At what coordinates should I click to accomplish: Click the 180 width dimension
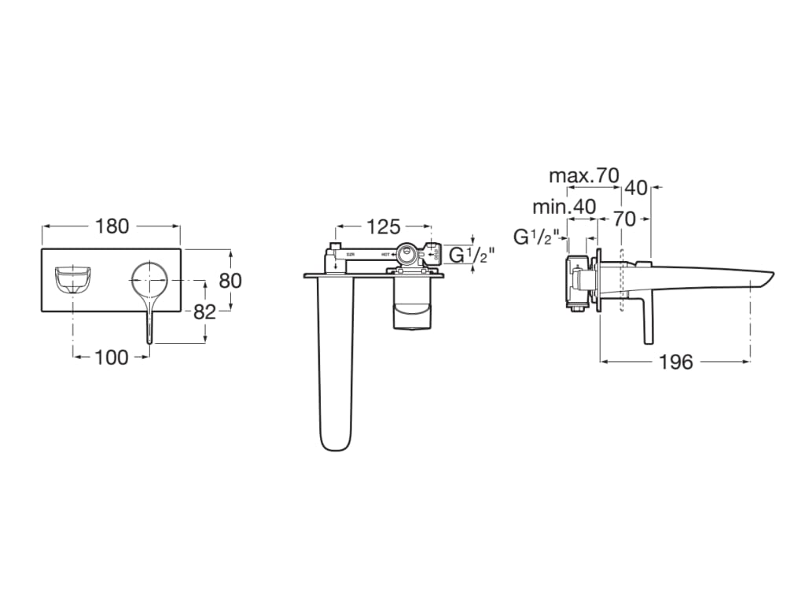(112, 226)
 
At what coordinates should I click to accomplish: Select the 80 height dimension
(230, 280)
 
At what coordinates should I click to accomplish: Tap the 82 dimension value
(204, 311)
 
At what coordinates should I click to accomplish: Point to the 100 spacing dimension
(112, 357)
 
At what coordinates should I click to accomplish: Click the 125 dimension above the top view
(384, 227)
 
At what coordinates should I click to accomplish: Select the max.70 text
(584, 175)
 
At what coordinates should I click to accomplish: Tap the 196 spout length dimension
(675, 362)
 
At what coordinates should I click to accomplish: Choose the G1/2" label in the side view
(535, 236)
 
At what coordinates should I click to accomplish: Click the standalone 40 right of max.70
(637, 188)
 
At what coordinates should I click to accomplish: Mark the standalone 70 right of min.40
(624, 219)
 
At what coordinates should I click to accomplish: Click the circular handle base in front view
(149, 279)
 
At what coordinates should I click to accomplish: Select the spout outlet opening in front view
(72, 279)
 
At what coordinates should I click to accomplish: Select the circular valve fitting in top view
(408, 254)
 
